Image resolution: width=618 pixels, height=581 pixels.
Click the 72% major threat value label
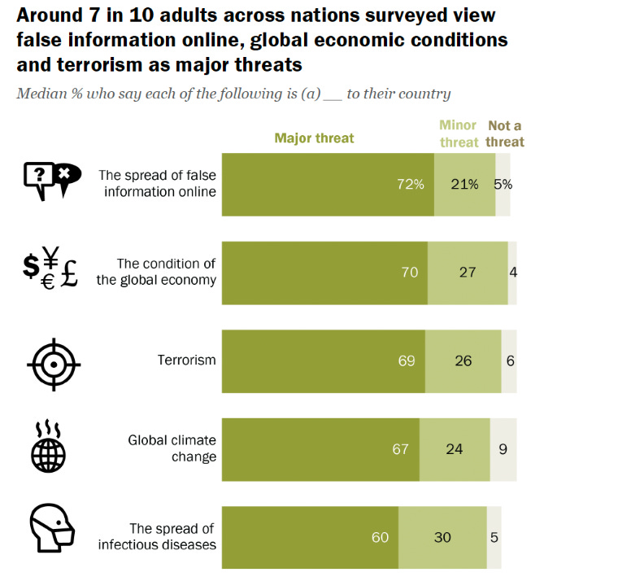[411, 184]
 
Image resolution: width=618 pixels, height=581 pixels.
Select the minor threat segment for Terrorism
[463, 360]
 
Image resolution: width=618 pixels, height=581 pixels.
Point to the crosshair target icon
[54, 361]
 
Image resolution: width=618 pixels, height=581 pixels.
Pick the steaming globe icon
[47, 447]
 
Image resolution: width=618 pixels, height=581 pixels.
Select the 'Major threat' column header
[314, 138]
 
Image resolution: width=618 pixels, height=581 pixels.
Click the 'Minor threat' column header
[459, 133]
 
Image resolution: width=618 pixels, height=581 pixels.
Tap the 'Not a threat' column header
[505, 133]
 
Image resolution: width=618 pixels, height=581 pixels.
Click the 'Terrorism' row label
[186, 360]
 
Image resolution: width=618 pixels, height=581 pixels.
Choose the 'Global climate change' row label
[172, 448]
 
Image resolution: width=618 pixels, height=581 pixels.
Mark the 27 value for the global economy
[467, 272]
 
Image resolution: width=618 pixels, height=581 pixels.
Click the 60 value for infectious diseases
[381, 537]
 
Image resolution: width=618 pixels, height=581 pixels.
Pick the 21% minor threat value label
[464, 184]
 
